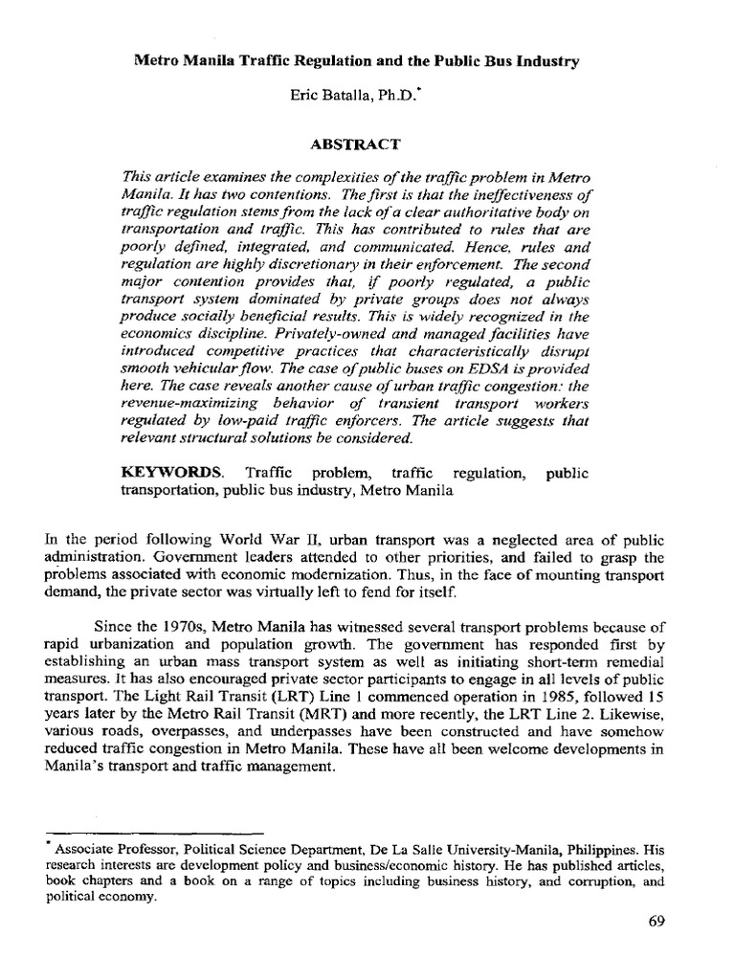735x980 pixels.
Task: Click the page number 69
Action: click(x=656, y=922)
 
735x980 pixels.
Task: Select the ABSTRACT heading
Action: click(x=367, y=144)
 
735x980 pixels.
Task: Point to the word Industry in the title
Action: click(x=546, y=62)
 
